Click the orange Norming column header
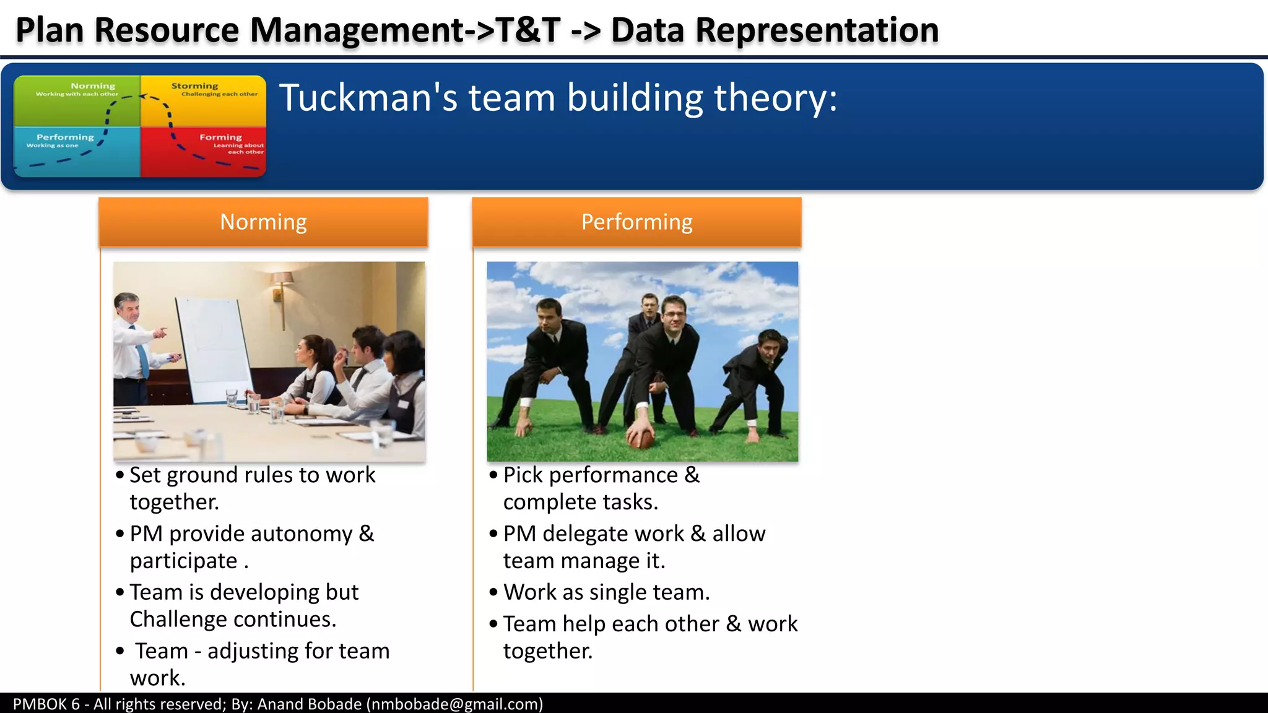263,222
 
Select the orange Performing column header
636,222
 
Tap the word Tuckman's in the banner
368,98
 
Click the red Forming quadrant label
220,137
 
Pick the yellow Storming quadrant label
194,86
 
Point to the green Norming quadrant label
93,86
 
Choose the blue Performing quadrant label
65,137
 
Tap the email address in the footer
454,704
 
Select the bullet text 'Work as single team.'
606,592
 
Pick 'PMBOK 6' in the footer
46,704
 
